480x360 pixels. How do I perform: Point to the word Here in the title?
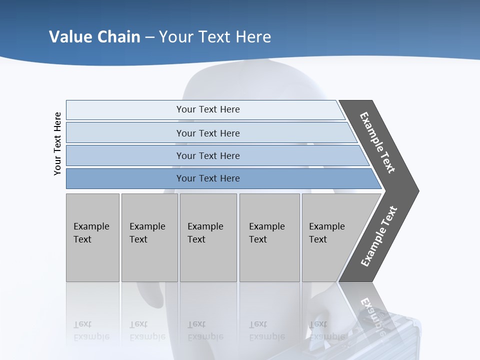(253, 36)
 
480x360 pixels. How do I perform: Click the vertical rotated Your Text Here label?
(57, 143)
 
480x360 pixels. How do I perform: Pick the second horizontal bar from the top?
(208, 133)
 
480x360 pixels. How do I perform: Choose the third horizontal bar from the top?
(208, 155)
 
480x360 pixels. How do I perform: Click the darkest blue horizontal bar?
(208, 178)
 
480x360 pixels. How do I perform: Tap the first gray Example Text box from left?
(92, 237)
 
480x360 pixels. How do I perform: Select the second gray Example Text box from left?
(149, 237)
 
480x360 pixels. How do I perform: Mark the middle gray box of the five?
(208, 237)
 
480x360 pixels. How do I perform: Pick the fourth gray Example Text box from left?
(269, 237)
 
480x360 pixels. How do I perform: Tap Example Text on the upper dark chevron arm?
(377, 142)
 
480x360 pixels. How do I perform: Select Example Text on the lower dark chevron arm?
(378, 236)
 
